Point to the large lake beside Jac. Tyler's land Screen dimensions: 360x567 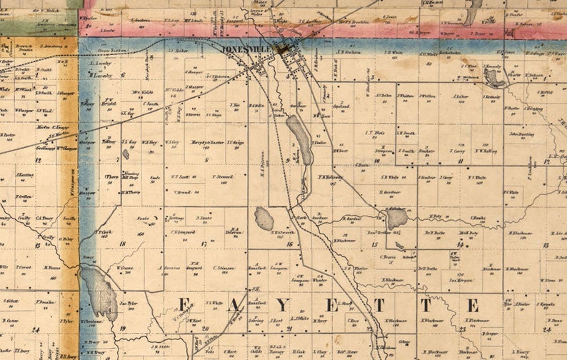pos(99,292)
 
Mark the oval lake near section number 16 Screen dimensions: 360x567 pos(264,218)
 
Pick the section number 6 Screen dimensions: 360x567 pos(123,74)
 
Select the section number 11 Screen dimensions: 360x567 pos(461,161)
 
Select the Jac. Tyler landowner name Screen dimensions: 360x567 pos(129,303)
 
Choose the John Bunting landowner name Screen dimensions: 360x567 pos(522,134)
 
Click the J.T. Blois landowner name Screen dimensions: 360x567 pos(376,132)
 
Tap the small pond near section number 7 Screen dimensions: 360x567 pos(126,154)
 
